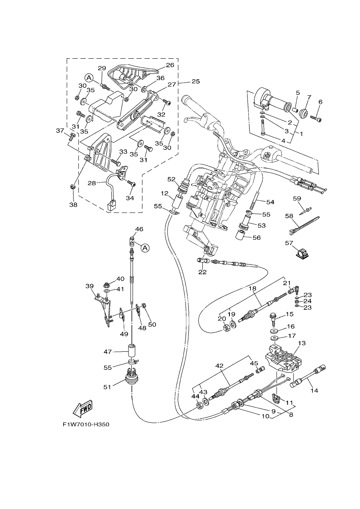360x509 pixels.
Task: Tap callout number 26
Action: (170, 65)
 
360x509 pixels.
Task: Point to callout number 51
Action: (107, 387)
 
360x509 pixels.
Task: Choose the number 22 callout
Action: (202, 272)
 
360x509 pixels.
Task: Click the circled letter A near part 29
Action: (89, 78)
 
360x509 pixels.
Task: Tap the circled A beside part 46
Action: (145, 248)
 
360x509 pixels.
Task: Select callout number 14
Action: (314, 390)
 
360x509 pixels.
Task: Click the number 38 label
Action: (73, 205)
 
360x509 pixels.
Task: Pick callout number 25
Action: (196, 81)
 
